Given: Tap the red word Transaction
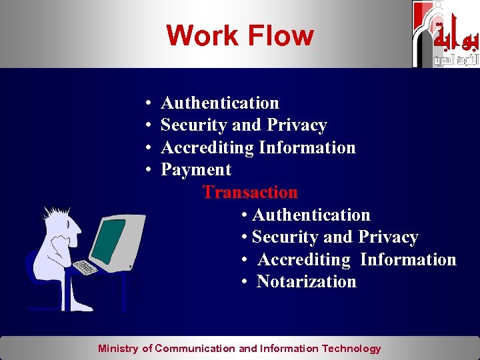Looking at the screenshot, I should (x=250, y=192).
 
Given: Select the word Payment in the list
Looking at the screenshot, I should (x=196, y=170).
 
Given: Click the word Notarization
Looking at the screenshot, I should (x=306, y=282).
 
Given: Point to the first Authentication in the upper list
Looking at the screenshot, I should (x=220, y=103).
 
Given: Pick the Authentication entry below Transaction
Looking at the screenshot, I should (x=311, y=215).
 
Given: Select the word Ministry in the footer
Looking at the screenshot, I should (x=118, y=348).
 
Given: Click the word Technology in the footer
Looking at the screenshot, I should (x=351, y=348).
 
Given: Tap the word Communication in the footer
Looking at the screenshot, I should (x=195, y=348).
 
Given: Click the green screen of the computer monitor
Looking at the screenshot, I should (x=108, y=241).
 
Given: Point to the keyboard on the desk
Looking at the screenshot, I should (x=85, y=267).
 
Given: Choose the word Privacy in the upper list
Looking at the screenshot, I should (x=297, y=125).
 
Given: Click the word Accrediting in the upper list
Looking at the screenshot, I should (x=207, y=147).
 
